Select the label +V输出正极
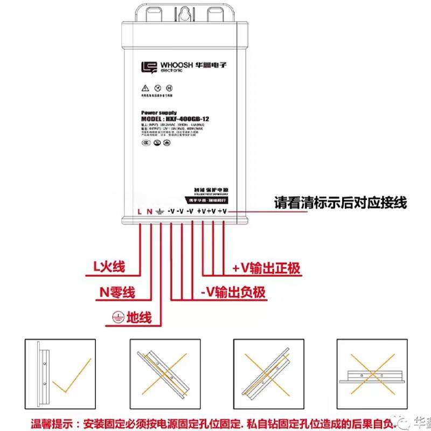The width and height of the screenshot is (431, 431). (x=266, y=268)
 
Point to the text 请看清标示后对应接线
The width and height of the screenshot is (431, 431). (x=340, y=203)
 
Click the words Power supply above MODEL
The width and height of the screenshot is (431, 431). (x=159, y=112)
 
